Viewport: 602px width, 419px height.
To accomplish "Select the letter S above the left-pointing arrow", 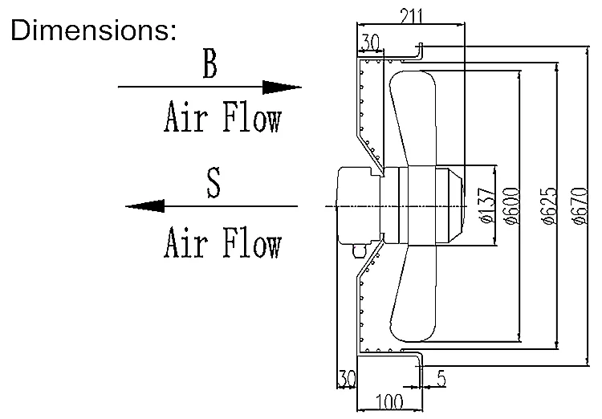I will [x=213, y=183].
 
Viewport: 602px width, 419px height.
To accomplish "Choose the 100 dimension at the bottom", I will [x=390, y=401].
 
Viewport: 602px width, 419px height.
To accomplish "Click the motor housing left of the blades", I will [x=356, y=206].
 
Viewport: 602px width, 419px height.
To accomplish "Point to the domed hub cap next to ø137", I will [x=451, y=205].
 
